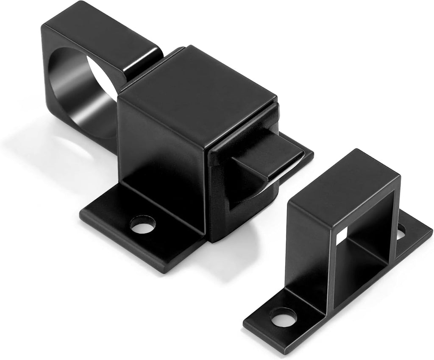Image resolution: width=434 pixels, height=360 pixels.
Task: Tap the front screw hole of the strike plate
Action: pos(283,316)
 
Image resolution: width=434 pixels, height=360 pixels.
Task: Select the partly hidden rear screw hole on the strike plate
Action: pos(400,231)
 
